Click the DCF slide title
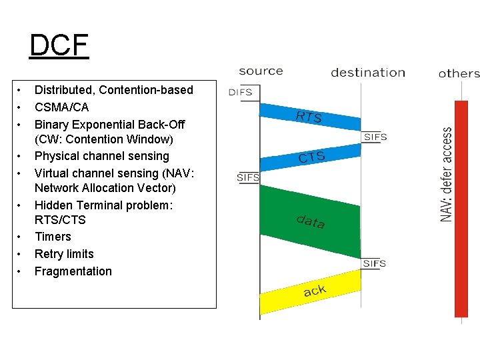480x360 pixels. (59, 45)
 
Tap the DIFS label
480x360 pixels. (240, 93)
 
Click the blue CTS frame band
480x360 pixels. (311, 157)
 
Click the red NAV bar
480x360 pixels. (461, 208)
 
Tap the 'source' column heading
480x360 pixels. (261, 71)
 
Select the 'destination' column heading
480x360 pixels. (368, 73)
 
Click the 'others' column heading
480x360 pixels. (459, 73)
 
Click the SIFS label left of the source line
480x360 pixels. (248, 177)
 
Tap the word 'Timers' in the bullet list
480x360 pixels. (53, 237)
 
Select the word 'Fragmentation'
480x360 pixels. (73, 271)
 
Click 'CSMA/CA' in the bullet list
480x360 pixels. (61, 107)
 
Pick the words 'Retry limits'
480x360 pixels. (64, 254)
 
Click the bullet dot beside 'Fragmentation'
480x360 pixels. (21, 271)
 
